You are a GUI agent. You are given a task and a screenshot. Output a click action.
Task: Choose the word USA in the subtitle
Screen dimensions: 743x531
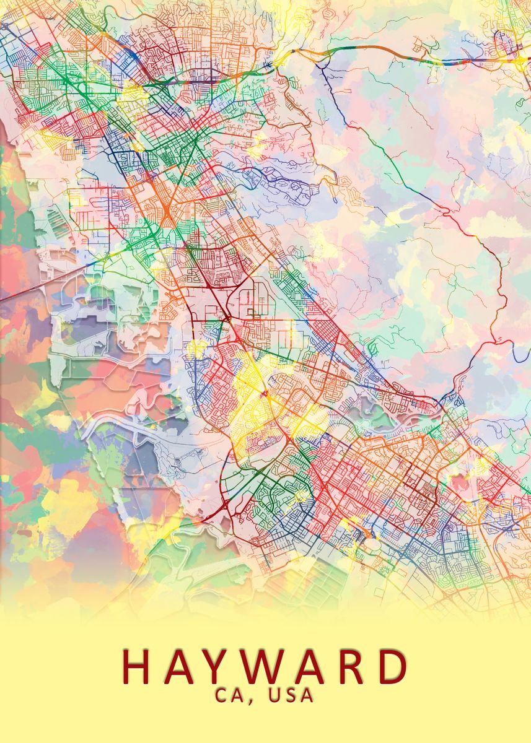(291, 695)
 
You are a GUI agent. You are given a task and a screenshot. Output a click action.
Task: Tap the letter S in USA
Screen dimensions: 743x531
(291, 695)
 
